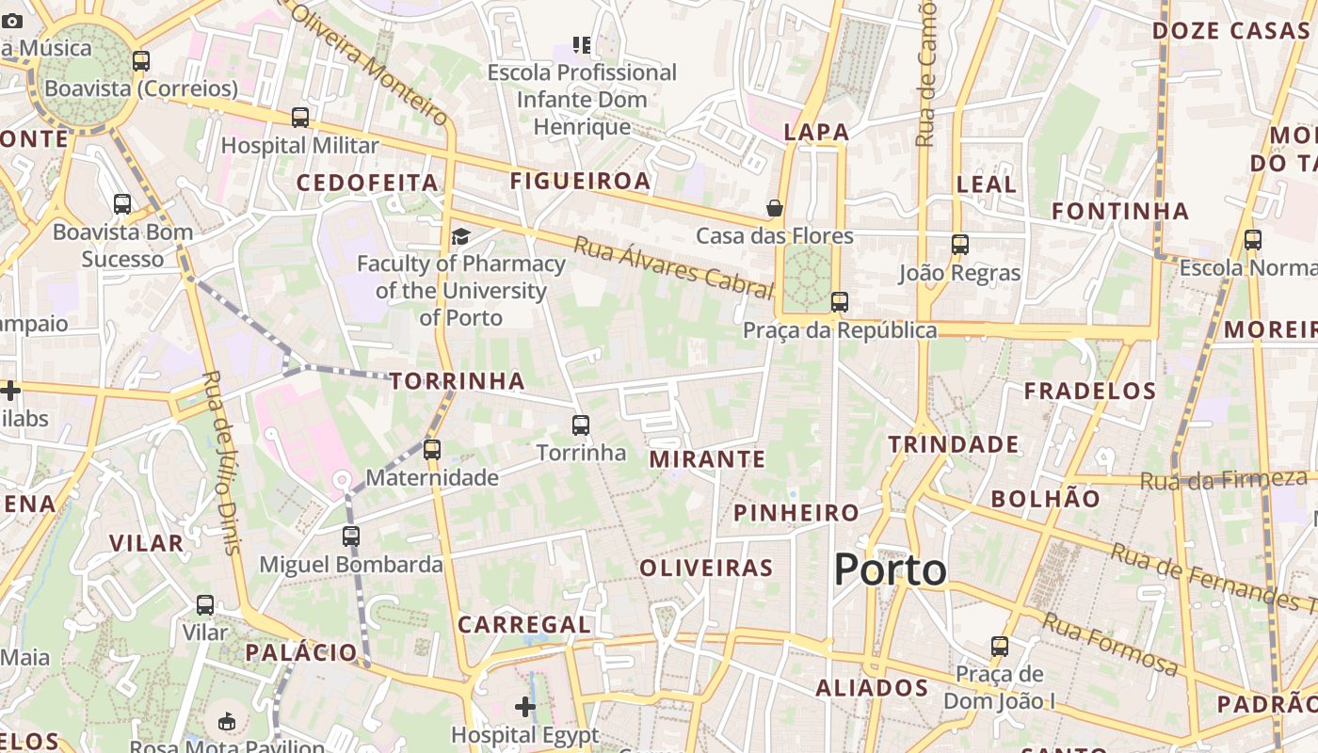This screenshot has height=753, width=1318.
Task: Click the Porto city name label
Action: pyautogui.click(x=890, y=570)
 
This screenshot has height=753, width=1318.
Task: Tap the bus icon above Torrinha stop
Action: pyautogui.click(x=581, y=425)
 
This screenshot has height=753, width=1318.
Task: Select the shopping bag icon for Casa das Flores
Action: pyautogui.click(x=775, y=208)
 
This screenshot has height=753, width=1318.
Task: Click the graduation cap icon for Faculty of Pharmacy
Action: pyautogui.click(x=460, y=235)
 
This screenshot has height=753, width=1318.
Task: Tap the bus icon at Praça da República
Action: pyautogui.click(x=839, y=302)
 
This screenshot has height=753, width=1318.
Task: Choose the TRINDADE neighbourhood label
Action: pyautogui.click(x=954, y=444)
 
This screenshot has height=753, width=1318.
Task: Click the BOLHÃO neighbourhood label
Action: pyautogui.click(x=1045, y=499)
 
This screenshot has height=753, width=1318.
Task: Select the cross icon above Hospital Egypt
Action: pyautogui.click(x=525, y=706)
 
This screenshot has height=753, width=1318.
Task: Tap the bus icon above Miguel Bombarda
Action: pyautogui.click(x=351, y=537)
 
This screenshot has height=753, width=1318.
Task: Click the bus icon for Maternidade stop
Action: pyautogui.click(x=432, y=450)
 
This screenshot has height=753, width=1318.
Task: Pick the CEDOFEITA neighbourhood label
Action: pyautogui.click(x=368, y=183)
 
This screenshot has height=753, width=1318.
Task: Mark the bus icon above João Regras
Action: pyautogui.click(x=960, y=245)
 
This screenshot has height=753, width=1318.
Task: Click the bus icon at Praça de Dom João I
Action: pyautogui.click(x=1000, y=647)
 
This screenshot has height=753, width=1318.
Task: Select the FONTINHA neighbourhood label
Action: pyautogui.click(x=1120, y=211)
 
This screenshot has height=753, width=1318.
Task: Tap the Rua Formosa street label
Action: pyautogui.click(x=1111, y=644)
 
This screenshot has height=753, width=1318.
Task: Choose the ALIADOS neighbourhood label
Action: pyautogui.click(x=872, y=688)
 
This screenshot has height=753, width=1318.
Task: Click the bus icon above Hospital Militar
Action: pyautogui.click(x=300, y=118)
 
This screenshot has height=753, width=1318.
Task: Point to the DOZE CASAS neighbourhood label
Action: pyautogui.click(x=1230, y=30)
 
